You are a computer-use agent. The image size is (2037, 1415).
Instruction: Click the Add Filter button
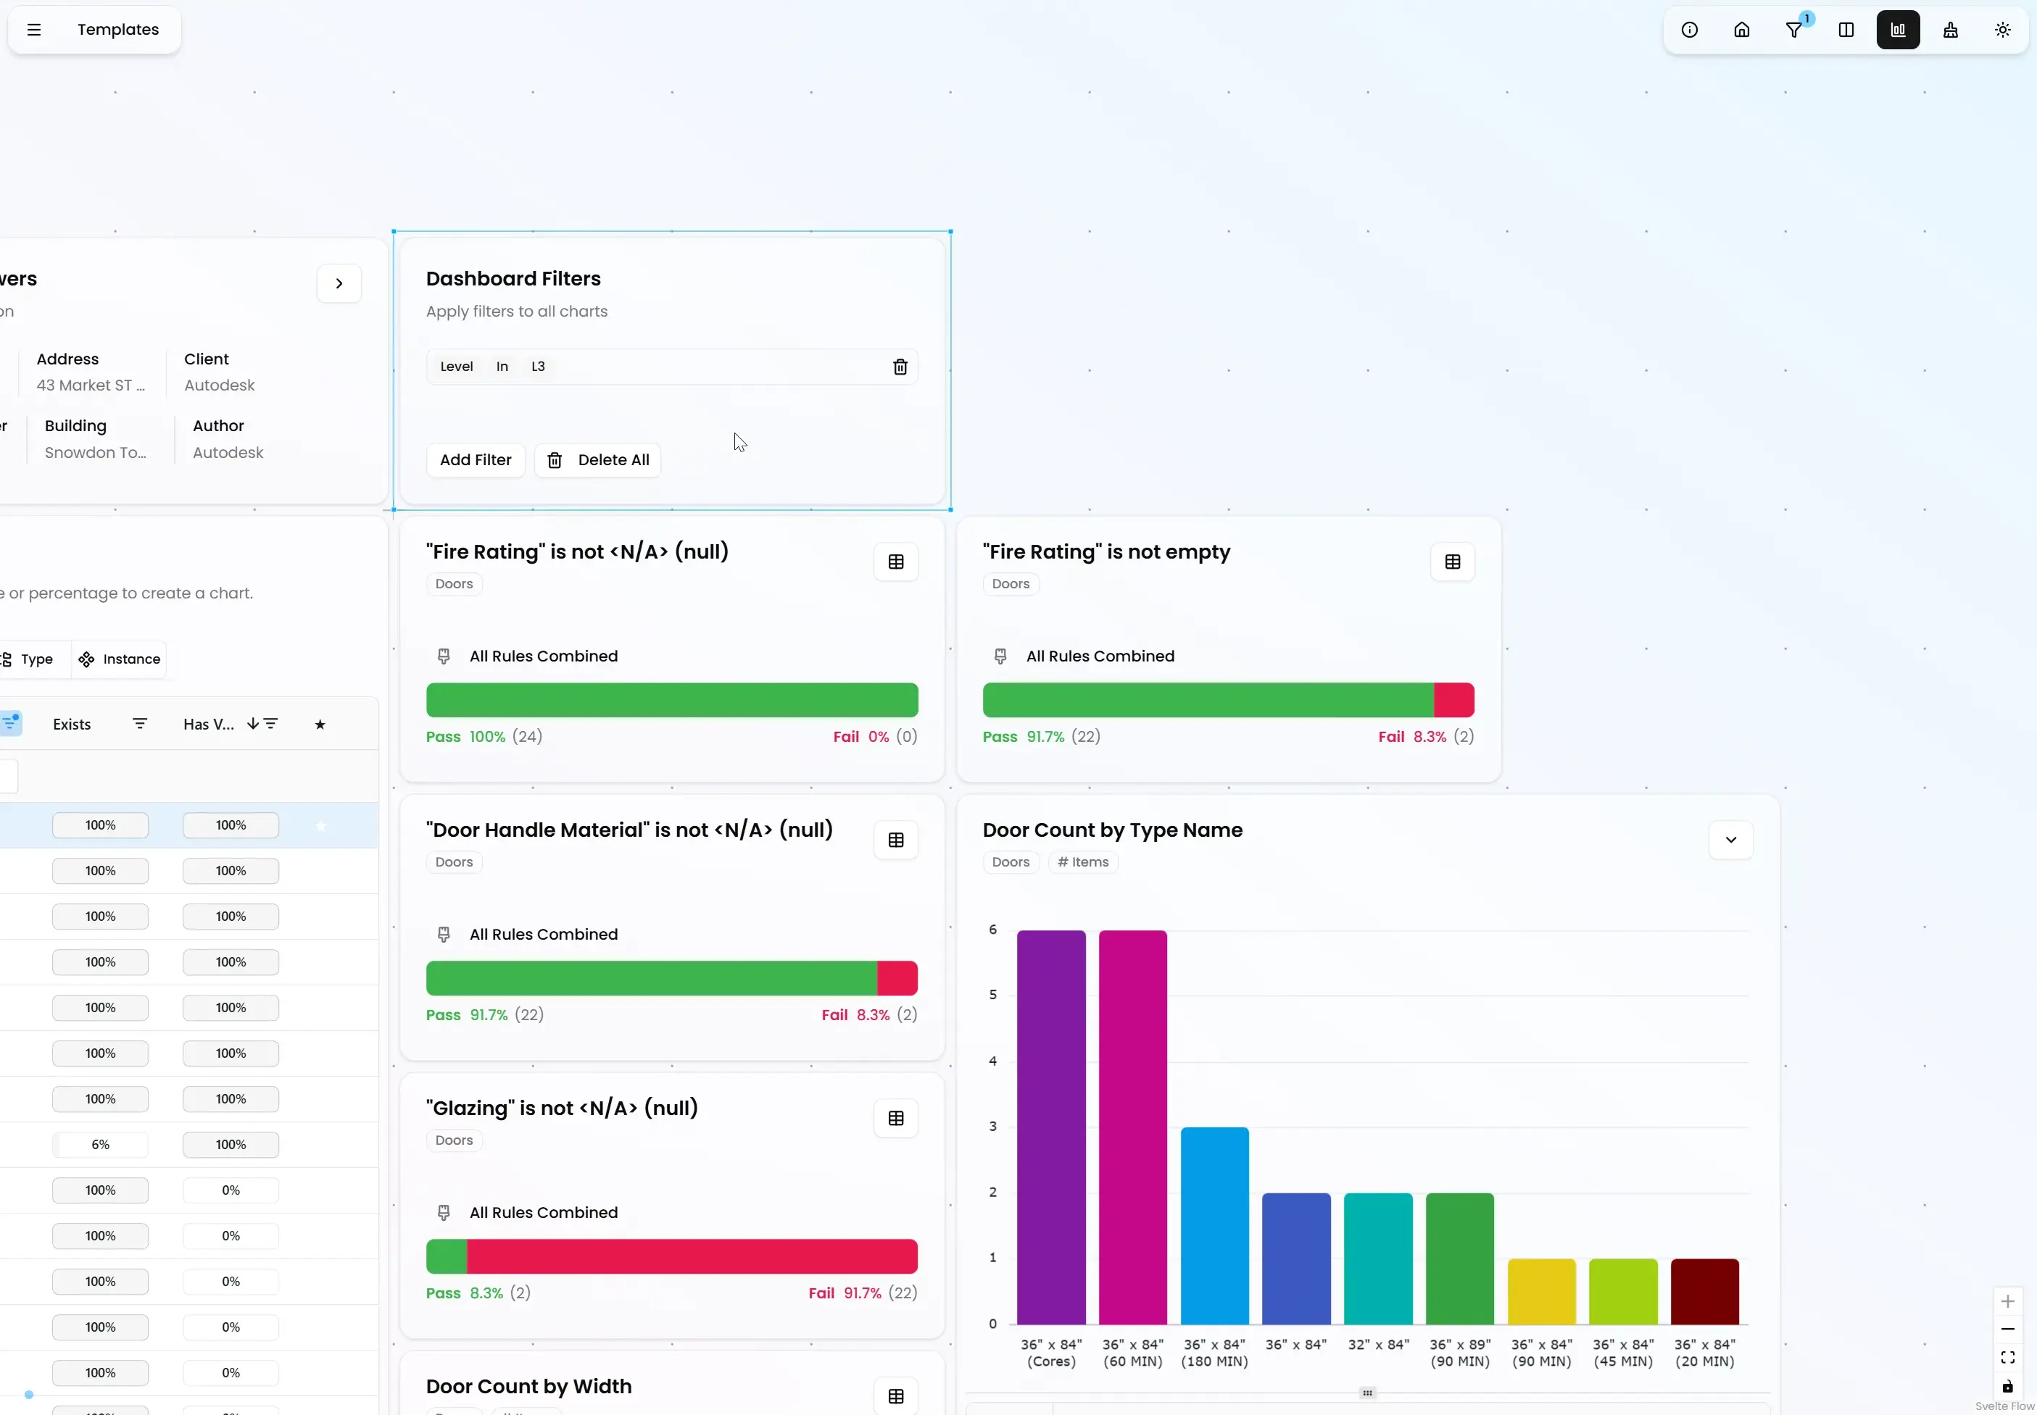click(476, 460)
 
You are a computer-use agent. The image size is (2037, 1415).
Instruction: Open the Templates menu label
click(118, 29)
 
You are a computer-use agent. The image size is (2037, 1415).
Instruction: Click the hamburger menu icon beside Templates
click(33, 29)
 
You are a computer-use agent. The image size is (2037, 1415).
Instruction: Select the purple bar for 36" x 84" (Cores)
click(1051, 1127)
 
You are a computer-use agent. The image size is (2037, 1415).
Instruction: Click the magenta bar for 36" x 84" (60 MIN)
click(1132, 1127)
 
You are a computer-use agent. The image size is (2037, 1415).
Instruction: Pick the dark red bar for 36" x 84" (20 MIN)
click(1704, 1291)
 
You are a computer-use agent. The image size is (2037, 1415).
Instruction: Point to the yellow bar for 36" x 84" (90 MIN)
click(1541, 1291)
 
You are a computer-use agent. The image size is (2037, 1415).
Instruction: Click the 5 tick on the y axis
click(992, 995)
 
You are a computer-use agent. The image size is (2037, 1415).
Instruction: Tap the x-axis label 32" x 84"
click(1378, 1345)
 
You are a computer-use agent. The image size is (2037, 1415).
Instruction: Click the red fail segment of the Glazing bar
click(692, 1256)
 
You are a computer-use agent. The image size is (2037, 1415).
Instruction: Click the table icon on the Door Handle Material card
click(896, 840)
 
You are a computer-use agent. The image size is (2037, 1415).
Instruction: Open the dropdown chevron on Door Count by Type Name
click(1730, 840)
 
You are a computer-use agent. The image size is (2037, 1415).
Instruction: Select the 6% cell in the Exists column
click(100, 1145)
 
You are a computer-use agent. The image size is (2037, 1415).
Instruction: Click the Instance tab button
click(120, 659)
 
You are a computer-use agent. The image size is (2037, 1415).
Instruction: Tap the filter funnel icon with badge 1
click(1793, 29)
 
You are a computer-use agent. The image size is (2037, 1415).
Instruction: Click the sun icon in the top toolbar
click(2002, 29)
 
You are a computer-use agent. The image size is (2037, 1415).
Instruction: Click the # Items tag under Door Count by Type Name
click(1083, 861)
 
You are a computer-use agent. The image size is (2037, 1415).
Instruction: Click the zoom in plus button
click(2008, 1301)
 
